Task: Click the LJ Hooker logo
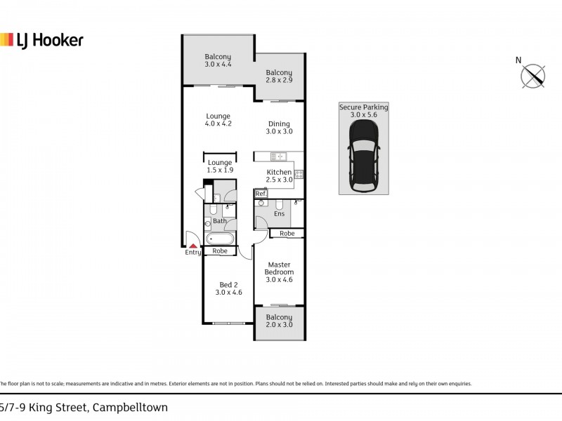41,40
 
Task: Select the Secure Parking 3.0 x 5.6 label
363,111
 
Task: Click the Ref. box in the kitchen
261,194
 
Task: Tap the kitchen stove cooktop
299,173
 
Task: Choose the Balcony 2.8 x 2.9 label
279,76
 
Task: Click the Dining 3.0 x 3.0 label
279,128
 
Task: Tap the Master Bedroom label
279,272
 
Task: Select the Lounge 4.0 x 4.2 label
218,120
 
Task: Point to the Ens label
279,214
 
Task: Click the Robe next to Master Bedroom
287,233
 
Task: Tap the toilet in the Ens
261,204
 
